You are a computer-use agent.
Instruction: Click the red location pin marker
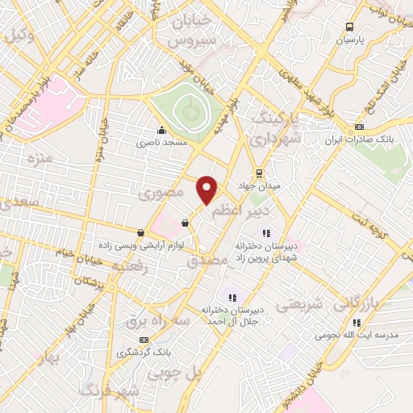[208, 189]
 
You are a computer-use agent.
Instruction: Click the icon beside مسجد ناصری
[161, 130]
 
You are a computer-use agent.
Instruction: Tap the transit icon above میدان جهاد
[259, 173]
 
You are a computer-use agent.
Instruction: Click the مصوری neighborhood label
[161, 194]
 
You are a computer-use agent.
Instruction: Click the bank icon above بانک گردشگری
[144, 340]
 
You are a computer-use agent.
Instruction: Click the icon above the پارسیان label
[350, 27]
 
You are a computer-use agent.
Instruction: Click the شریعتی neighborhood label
[300, 306]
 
